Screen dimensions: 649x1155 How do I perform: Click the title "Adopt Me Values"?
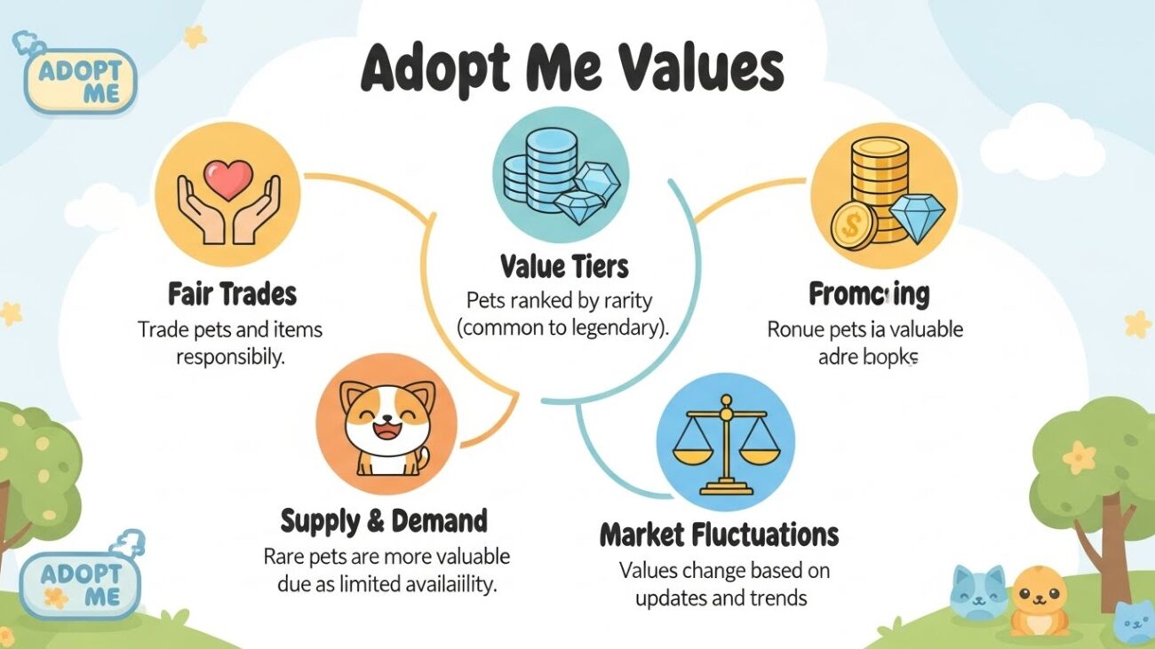click(571, 69)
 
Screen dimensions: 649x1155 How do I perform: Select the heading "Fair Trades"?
click(232, 294)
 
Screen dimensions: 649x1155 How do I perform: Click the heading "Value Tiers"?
click(563, 265)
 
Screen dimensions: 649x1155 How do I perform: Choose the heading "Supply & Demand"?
click(384, 520)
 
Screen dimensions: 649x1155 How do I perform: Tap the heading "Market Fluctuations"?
click(719, 534)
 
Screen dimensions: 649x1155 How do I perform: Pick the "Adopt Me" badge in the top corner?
click(81, 79)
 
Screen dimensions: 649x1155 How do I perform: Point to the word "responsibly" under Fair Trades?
click(230, 357)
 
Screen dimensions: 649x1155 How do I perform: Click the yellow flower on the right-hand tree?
click(1080, 458)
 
